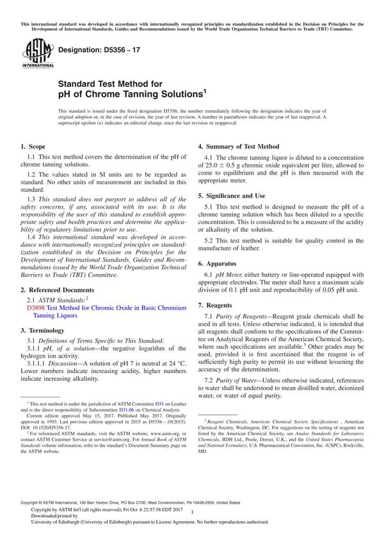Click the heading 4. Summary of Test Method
[x=238, y=146]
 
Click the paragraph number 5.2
[x=211, y=238]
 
